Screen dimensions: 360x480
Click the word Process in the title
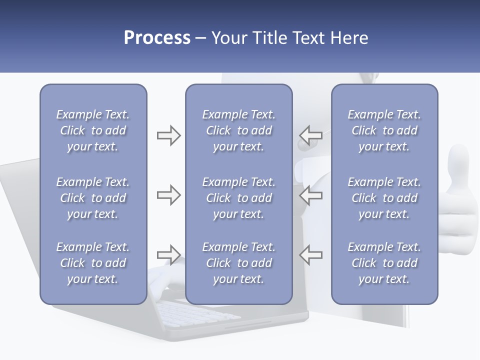(157, 38)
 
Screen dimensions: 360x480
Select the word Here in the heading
(348, 38)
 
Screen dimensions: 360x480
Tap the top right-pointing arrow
(168, 135)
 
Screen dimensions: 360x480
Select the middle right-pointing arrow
(168, 195)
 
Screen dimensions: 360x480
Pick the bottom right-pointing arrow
(168, 254)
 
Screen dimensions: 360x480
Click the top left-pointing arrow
(311, 135)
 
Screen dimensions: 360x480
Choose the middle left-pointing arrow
(311, 195)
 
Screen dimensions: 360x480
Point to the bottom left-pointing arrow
(311, 254)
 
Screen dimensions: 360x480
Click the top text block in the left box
(93, 130)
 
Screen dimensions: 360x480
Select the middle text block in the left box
(93, 198)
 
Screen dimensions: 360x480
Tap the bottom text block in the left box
(93, 263)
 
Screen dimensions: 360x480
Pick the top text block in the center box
(238, 130)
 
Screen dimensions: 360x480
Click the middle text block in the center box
(238, 198)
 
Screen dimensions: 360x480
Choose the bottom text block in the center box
(238, 263)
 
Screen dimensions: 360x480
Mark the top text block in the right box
(384, 130)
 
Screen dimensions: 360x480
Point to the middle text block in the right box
(384, 198)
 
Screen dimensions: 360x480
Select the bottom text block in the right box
(384, 263)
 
